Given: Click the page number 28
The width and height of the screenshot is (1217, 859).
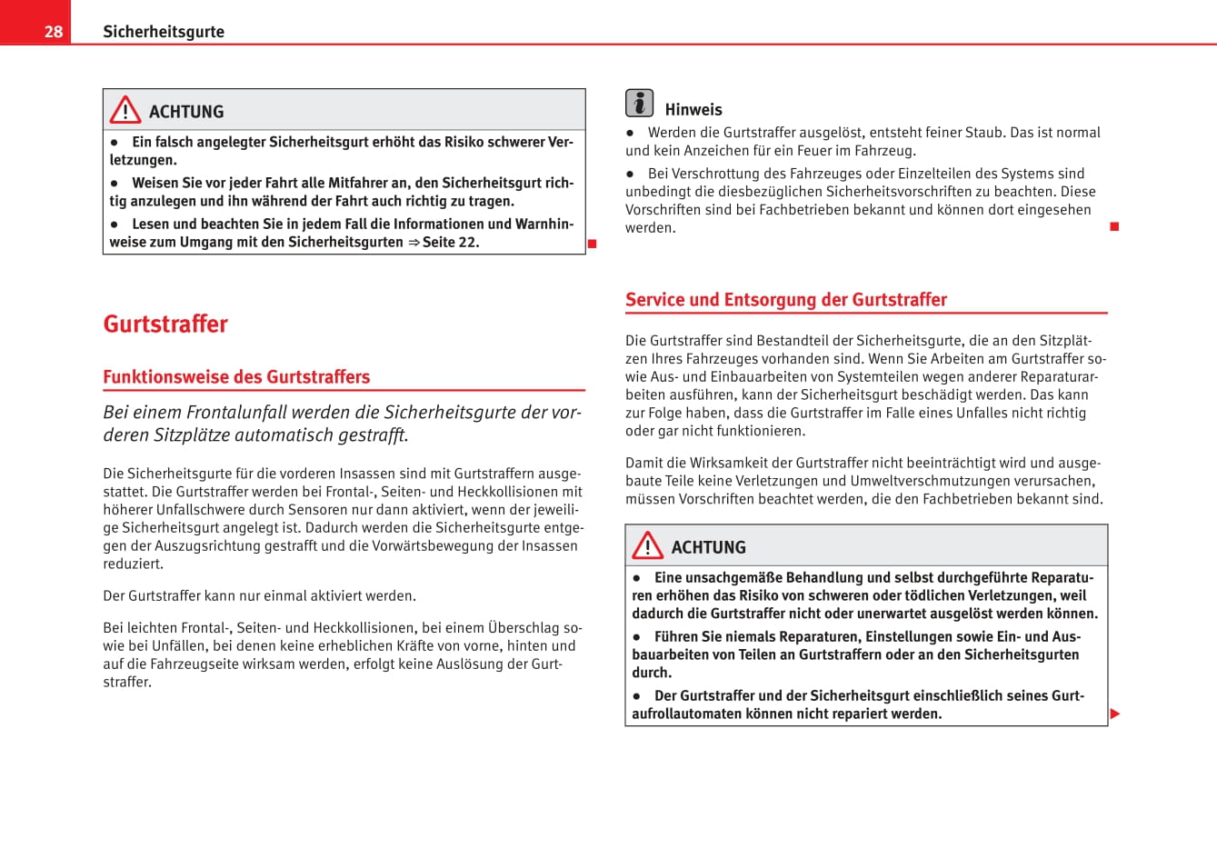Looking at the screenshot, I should [54, 32].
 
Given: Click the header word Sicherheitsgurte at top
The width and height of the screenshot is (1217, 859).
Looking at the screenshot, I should [164, 32].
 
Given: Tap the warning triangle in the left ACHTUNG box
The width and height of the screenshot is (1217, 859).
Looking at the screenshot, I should [125, 110].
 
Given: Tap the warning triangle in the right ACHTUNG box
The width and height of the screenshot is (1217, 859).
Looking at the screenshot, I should [648, 545].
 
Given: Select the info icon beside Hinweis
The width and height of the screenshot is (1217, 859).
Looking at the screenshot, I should [639, 104].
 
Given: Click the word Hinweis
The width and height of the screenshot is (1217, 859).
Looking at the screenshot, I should [693, 110].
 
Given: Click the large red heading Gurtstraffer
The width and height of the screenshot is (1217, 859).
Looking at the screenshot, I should [165, 325].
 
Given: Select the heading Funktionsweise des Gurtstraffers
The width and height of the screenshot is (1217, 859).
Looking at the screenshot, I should [236, 377].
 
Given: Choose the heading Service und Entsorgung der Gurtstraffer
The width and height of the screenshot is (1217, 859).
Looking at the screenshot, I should [786, 300].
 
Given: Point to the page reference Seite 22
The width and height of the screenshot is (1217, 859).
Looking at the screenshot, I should [451, 243].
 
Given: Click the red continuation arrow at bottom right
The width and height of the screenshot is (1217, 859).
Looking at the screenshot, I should [1115, 714].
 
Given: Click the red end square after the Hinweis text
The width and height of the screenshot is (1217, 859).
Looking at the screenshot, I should [1114, 225].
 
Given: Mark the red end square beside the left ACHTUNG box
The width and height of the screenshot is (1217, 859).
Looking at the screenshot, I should [592, 244].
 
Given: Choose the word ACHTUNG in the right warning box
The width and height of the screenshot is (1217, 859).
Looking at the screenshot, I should [709, 547].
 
